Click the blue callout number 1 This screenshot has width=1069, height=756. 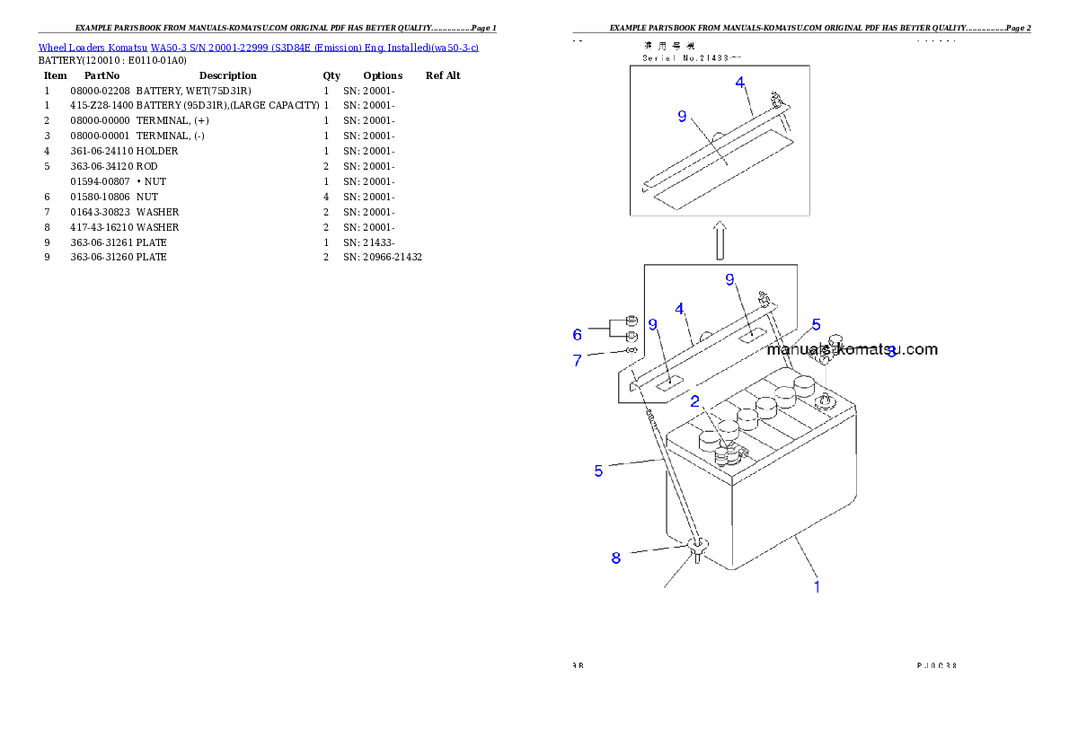tap(817, 587)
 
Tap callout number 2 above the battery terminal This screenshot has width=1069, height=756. tap(694, 401)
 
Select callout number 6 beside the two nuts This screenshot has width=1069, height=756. tap(578, 334)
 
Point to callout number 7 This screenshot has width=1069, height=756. tap(578, 360)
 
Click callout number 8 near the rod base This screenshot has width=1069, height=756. tap(615, 558)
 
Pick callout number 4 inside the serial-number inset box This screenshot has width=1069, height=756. tap(740, 82)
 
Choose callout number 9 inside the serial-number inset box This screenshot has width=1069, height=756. tap(682, 116)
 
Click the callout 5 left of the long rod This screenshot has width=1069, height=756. tap(598, 470)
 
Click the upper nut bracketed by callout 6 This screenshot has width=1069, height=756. tap(631, 321)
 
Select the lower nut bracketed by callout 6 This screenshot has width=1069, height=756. tap(631, 336)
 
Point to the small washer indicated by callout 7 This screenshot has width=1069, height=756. tap(631, 351)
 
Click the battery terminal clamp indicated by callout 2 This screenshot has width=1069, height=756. tap(728, 456)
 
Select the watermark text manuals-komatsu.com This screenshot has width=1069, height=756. tap(852, 349)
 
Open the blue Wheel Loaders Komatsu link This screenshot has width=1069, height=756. tap(258, 47)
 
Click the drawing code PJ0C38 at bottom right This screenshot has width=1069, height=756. tap(936, 665)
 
